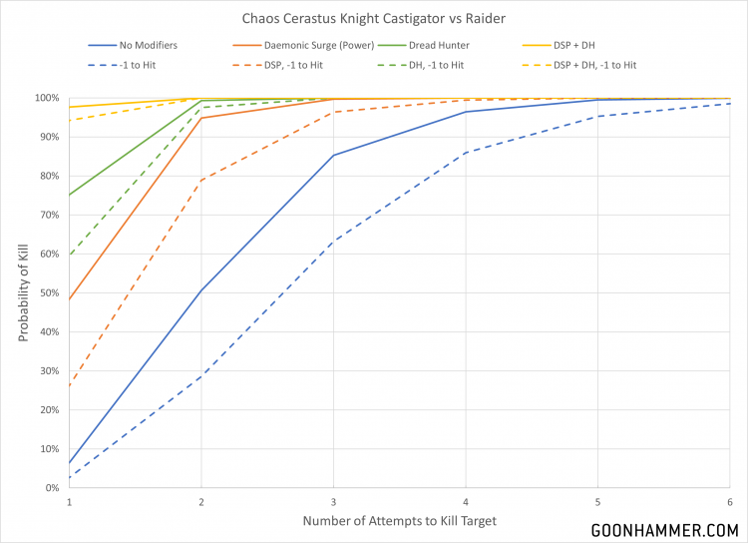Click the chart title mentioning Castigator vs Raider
374,19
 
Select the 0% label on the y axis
51,487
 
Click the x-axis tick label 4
466,501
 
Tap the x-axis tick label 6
729,501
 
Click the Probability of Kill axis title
22,292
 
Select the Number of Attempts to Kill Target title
399,521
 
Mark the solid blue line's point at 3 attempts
334,155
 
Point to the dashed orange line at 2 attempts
201,180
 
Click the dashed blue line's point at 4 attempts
466,153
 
